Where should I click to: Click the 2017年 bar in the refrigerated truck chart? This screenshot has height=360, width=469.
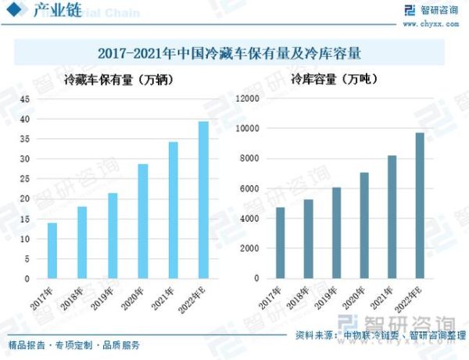pyautogui.click(x=52, y=251)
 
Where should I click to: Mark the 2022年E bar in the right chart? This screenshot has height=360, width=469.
pyautogui.click(x=420, y=205)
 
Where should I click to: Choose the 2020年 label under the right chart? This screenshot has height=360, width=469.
pyautogui.click(x=358, y=298)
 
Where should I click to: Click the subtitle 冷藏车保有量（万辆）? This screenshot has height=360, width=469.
pyautogui.click(x=118, y=80)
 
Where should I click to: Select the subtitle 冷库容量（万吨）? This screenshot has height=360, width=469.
pyautogui.click(x=329, y=80)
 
